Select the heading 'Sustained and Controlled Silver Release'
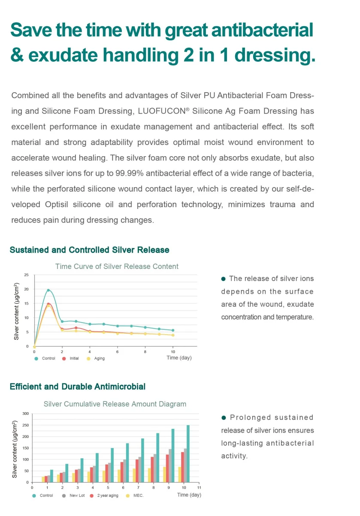click(x=89, y=250)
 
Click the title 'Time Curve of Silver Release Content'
click(x=117, y=266)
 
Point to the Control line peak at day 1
click(x=48, y=290)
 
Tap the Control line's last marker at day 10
click(x=173, y=330)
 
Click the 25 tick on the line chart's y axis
click(x=27, y=275)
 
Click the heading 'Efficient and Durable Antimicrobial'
click(x=78, y=386)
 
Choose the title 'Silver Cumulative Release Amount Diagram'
click(x=115, y=404)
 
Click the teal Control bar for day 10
click(x=188, y=454)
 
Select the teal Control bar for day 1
click(x=51, y=476)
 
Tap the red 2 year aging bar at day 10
click(x=182, y=467)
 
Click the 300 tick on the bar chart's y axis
click(x=25, y=413)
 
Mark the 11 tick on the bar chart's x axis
click(x=199, y=488)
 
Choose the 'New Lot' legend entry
click(x=76, y=495)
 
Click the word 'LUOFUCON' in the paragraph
click(x=161, y=111)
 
